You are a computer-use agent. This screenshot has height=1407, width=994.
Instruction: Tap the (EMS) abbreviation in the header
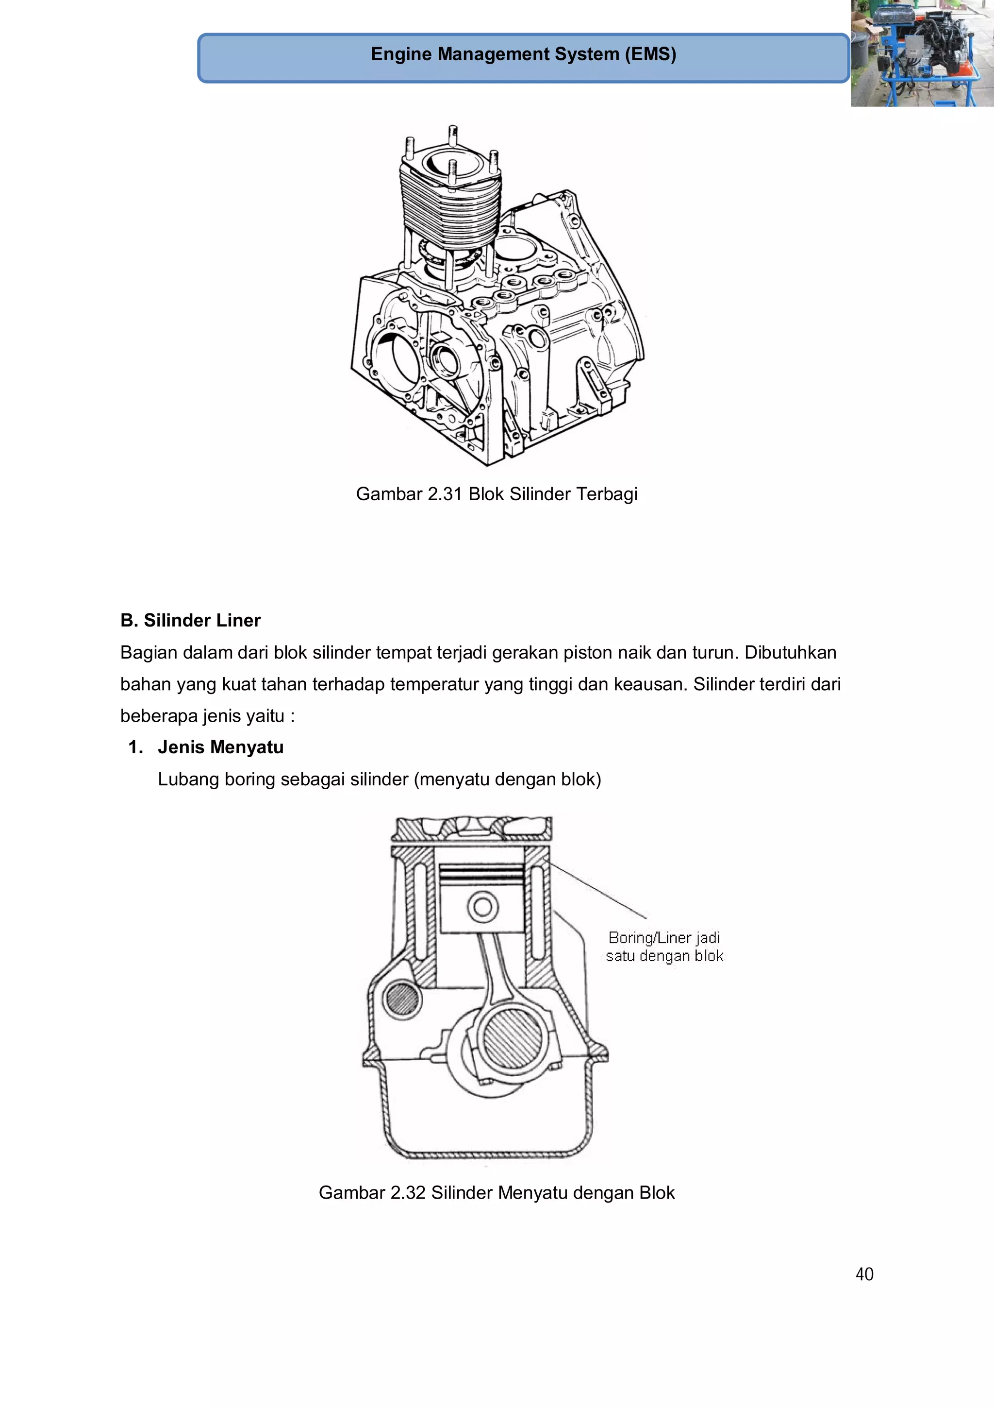tap(650, 54)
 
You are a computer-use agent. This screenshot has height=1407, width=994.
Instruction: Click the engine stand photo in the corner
tap(922, 53)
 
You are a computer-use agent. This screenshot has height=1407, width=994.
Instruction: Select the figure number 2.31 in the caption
tap(445, 494)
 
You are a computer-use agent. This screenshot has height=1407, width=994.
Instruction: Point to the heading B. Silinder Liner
tap(190, 620)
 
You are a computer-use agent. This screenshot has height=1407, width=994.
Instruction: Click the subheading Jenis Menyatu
tap(220, 747)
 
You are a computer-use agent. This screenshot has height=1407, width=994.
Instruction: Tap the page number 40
tap(864, 1274)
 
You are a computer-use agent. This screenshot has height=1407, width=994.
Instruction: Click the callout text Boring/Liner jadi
tap(664, 937)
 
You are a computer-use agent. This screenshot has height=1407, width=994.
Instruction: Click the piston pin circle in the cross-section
tap(482, 907)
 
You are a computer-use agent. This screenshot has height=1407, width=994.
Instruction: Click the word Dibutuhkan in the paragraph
tap(790, 653)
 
